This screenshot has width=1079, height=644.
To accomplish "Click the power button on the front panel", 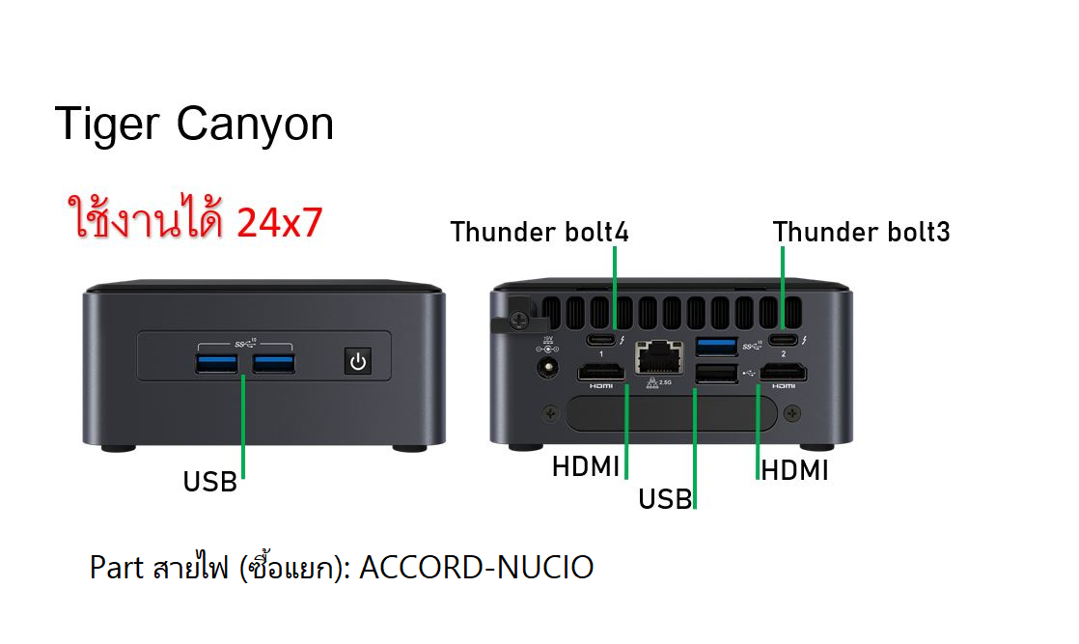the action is coord(358,361).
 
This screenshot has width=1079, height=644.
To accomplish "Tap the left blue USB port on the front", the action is coord(217,363).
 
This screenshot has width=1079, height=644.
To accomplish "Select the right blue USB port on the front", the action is coord(274,363).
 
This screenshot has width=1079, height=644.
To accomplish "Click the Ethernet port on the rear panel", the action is coord(659,358).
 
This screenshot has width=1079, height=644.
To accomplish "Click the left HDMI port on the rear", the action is coord(600,373).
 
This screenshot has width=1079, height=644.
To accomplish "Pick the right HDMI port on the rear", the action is coord(783,373).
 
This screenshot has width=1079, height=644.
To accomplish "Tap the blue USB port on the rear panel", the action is coord(716,346).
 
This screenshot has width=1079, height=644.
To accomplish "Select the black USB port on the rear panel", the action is coord(716,374).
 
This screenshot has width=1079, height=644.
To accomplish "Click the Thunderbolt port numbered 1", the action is coord(600,340).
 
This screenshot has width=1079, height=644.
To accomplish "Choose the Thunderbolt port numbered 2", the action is coord(783,340).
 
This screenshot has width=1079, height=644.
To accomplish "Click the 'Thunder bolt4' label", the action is coord(539,232).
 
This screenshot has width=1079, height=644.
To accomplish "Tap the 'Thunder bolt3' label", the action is coord(862,232).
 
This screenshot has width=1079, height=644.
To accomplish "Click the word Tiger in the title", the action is coord(107,125).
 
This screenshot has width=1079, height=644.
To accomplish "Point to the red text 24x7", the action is coord(279,222).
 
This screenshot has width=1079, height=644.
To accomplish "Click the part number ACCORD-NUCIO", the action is coord(476,568).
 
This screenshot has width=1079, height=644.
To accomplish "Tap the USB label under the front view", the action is coord(209,482).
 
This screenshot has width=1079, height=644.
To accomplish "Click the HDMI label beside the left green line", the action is coord(586,467).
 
